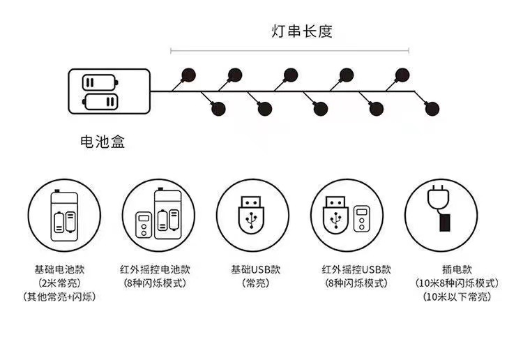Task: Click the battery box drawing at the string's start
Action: [109, 93]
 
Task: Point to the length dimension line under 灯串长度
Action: [289, 50]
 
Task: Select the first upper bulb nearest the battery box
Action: [187, 74]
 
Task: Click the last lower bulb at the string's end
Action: [433, 109]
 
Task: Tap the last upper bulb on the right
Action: [402, 74]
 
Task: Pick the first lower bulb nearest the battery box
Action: [218, 109]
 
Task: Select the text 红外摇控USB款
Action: [347, 269]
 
